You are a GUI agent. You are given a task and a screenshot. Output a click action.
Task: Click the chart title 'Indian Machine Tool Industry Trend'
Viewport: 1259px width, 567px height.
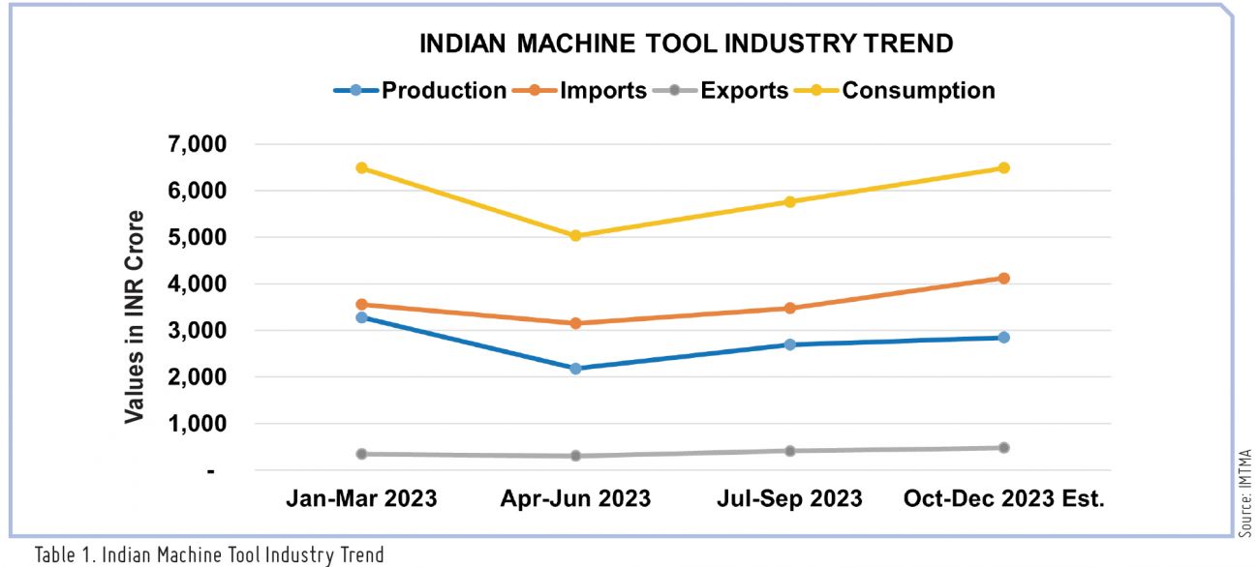(x=686, y=44)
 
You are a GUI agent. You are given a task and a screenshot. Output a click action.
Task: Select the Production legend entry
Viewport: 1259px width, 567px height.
(x=419, y=91)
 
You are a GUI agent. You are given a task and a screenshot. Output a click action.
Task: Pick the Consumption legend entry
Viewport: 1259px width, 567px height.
(x=894, y=91)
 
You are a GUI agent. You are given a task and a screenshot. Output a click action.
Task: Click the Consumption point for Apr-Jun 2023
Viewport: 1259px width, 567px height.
(x=575, y=235)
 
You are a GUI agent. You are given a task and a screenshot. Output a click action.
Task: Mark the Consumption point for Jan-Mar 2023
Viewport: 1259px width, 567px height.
(x=361, y=167)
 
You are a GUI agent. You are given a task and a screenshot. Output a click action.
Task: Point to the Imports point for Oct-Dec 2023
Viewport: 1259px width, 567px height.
(x=1003, y=279)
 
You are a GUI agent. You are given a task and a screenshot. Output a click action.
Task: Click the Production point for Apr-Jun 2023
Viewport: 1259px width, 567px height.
(x=575, y=369)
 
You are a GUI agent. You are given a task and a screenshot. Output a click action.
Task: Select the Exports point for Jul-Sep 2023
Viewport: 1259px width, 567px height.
(x=789, y=451)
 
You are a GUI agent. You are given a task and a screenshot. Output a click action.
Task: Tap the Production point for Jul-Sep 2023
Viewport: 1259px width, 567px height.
(x=789, y=344)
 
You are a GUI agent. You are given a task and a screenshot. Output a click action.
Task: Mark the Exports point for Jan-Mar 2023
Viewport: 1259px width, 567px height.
(x=361, y=454)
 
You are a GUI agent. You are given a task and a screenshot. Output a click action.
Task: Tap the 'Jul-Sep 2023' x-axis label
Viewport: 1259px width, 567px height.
(x=789, y=499)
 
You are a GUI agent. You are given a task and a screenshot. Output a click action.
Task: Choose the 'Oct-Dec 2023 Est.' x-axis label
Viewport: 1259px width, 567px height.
(x=1003, y=499)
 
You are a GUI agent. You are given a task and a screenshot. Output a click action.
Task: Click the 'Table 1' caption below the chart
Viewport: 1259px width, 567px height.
(x=209, y=555)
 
